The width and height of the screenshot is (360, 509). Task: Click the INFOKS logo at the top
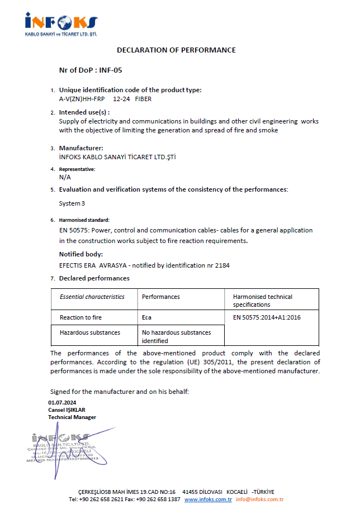click(x=61, y=23)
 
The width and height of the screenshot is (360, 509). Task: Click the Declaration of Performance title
click(x=176, y=50)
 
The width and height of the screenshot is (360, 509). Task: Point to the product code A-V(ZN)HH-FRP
click(x=82, y=99)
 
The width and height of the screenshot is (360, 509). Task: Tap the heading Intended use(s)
click(x=84, y=112)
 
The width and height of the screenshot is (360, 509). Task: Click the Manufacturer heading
click(x=81, y=148)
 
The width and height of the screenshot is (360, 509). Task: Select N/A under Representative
click(x=65, y=177)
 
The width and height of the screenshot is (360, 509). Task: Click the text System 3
click(x=72, y=203)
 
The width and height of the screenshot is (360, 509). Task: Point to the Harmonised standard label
click(x=84, y=220)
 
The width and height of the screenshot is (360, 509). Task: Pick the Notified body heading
click(x=81, y=254)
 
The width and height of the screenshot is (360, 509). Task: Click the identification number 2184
click(x=222, y=265)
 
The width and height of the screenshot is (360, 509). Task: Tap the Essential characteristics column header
click(x=92, y=297)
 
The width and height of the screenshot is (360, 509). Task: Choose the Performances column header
click(x=161, y=297)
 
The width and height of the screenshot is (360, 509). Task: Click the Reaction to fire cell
click(x=80, y=317)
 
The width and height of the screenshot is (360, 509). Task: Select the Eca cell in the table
click(x=148, y=317)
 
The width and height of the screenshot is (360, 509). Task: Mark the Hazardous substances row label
click(x=90, y=332)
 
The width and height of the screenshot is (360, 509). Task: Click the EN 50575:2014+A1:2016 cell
click(x=267, y=317)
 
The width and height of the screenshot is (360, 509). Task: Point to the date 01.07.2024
click(x=62, y=403)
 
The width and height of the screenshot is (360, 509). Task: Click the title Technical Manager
click(x=72, y=417)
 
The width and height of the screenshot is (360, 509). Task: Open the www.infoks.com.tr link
click(x=208, y=500)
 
